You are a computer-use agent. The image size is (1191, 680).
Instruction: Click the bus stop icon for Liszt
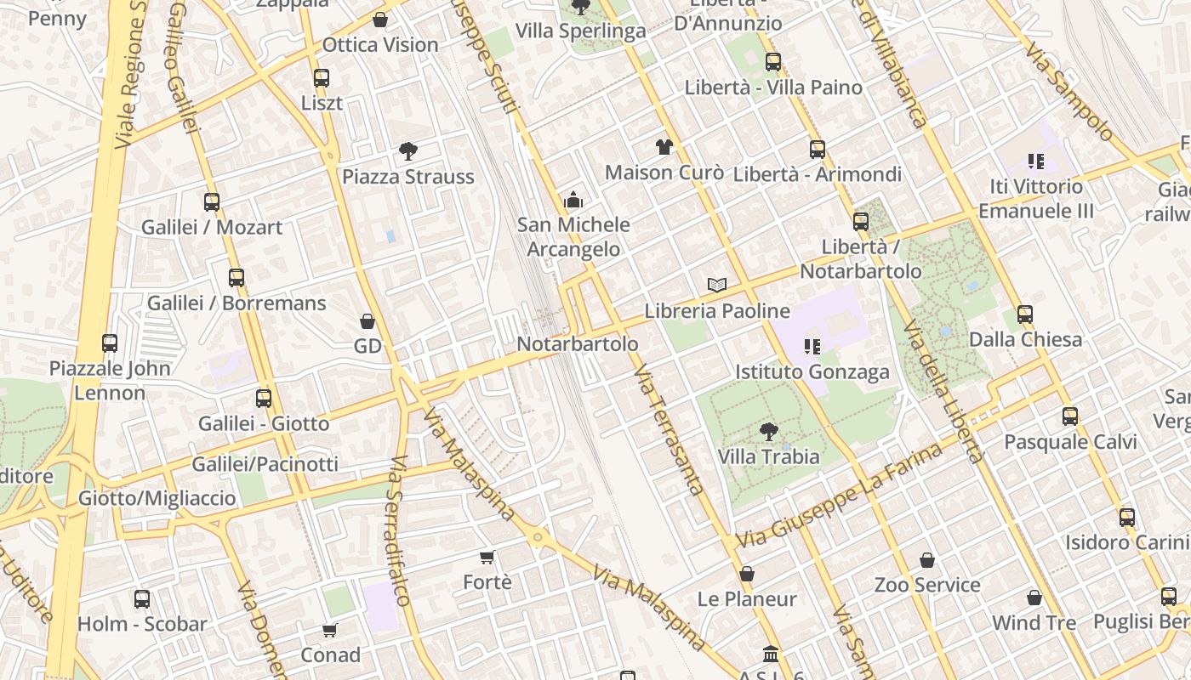(321, 78)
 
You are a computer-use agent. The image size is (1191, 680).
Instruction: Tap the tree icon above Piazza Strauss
(408, 152)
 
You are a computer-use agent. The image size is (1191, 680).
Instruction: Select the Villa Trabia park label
(768, 456)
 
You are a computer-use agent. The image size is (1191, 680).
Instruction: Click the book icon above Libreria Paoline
(717, 285)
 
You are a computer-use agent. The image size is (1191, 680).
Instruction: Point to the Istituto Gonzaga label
(812, 371)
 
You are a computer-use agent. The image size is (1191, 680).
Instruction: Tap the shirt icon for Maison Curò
(664, 147)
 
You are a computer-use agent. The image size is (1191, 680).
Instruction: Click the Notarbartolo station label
(578, 344)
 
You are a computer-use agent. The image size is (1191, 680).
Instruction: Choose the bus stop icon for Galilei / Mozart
(212, 202)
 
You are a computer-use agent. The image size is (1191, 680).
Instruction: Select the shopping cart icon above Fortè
(487, 558)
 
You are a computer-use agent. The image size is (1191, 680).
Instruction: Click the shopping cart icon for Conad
(330, 630)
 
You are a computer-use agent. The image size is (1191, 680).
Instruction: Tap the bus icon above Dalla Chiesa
(1025, 314)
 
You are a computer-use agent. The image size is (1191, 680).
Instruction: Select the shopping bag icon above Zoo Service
(927, 560)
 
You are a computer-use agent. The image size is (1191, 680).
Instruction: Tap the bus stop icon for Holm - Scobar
(142, 599)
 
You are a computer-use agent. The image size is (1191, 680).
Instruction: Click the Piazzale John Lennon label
(110, 380)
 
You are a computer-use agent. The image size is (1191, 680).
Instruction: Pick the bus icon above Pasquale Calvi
(1070, 416)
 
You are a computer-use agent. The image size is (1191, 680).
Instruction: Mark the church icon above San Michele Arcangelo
(573, 201)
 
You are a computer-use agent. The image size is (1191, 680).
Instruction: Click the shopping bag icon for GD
(368, 321)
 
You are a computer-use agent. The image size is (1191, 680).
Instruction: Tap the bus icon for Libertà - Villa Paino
(772, 62)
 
